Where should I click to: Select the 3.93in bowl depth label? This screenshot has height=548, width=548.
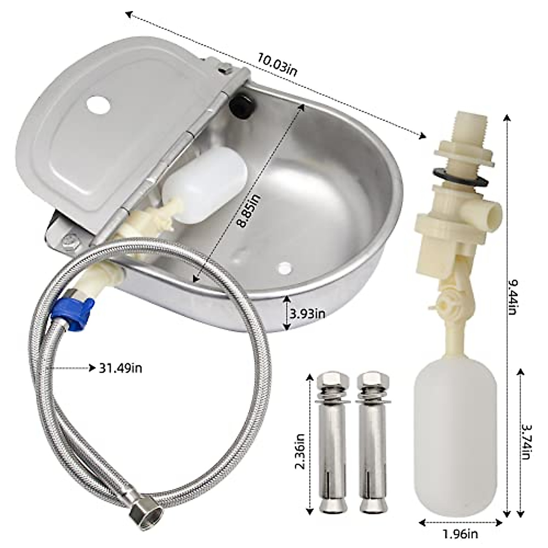[308, 314]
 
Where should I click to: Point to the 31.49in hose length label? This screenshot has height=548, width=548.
[121, 368]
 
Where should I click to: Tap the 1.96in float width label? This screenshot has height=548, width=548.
[460, 533]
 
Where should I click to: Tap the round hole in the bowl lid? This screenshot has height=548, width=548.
[98, 104]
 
